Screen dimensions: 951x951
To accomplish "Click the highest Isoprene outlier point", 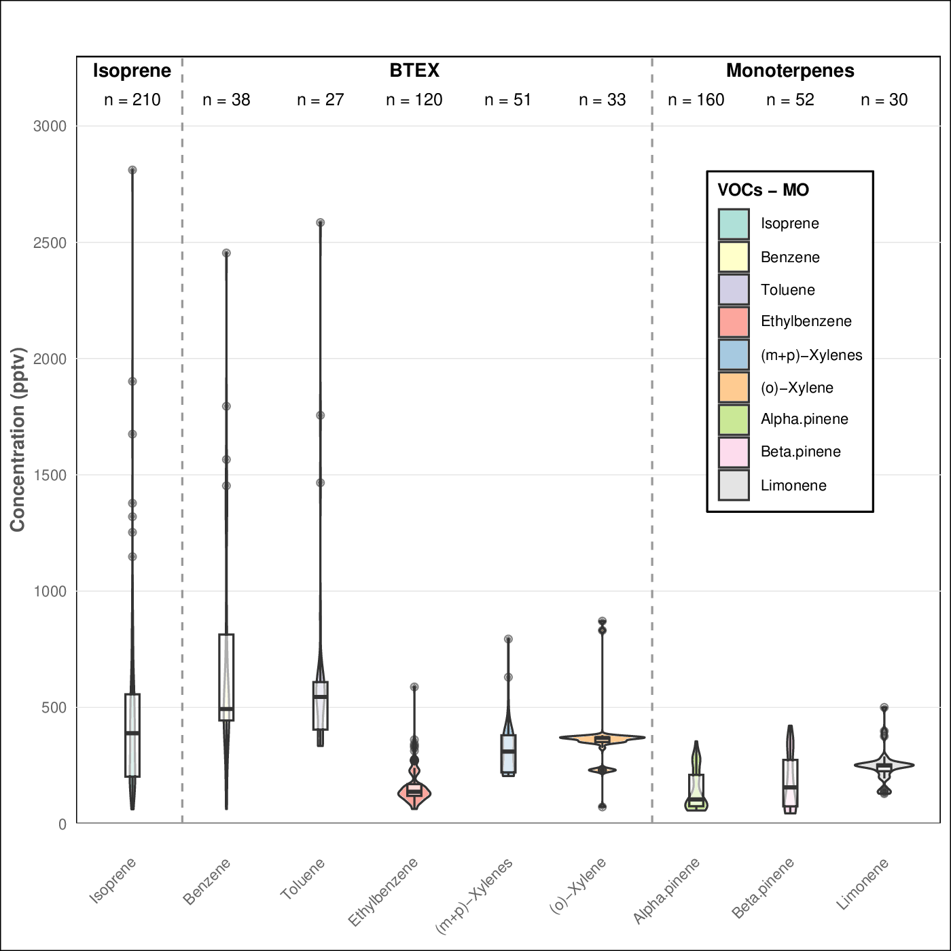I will [132, 170].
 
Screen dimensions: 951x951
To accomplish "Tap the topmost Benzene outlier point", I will [226, 253].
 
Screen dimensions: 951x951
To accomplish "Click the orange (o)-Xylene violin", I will [625, 737].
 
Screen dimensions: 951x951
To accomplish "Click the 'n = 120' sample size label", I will [414, 100].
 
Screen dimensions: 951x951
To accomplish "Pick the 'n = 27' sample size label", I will [321, 100].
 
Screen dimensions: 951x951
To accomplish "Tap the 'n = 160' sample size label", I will [696, 100].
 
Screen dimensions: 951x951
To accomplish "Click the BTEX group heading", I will [414, 71].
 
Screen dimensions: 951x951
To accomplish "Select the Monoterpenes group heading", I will [790, 71].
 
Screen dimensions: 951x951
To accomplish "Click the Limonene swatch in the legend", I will [734, 485].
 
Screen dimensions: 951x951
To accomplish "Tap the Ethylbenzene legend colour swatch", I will [734, 322].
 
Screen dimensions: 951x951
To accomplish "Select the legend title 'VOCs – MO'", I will [764, 190].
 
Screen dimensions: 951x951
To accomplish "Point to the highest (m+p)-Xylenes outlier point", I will [508, 639].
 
